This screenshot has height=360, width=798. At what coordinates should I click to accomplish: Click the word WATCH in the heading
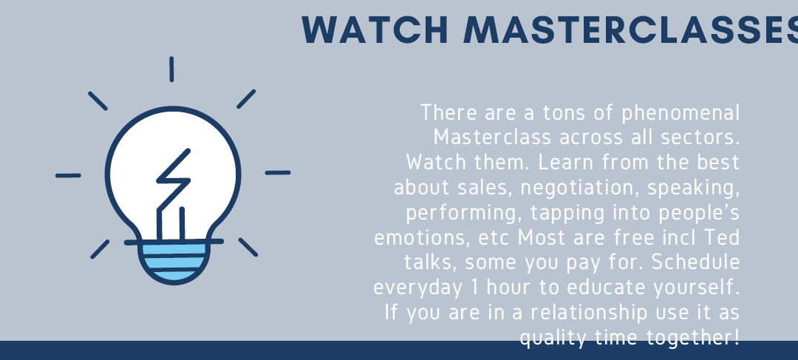coord(375,30)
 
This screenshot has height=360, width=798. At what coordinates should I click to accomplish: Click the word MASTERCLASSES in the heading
coord(630,30)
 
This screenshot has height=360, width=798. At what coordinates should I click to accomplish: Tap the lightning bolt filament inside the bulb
coord(173,193)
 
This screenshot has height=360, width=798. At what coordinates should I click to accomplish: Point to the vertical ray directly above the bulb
coord(171,69)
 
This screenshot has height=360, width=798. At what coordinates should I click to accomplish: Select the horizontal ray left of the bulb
coord(68,176)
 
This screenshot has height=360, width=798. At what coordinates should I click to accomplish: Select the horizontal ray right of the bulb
coord(278,173)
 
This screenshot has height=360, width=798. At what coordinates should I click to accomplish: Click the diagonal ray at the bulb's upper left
coord(98,101)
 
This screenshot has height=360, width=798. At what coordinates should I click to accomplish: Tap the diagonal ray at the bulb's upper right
coord(246,99)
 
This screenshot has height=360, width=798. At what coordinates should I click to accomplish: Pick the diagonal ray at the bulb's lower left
coord(100,249)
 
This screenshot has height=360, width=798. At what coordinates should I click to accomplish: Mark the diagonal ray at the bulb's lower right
coord(248,247)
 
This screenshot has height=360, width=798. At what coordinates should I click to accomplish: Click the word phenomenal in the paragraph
coord(681,113)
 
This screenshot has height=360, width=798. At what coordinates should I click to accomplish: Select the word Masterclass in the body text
coord(493,137)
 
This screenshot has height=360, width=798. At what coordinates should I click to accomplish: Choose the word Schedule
coord(696,262)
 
